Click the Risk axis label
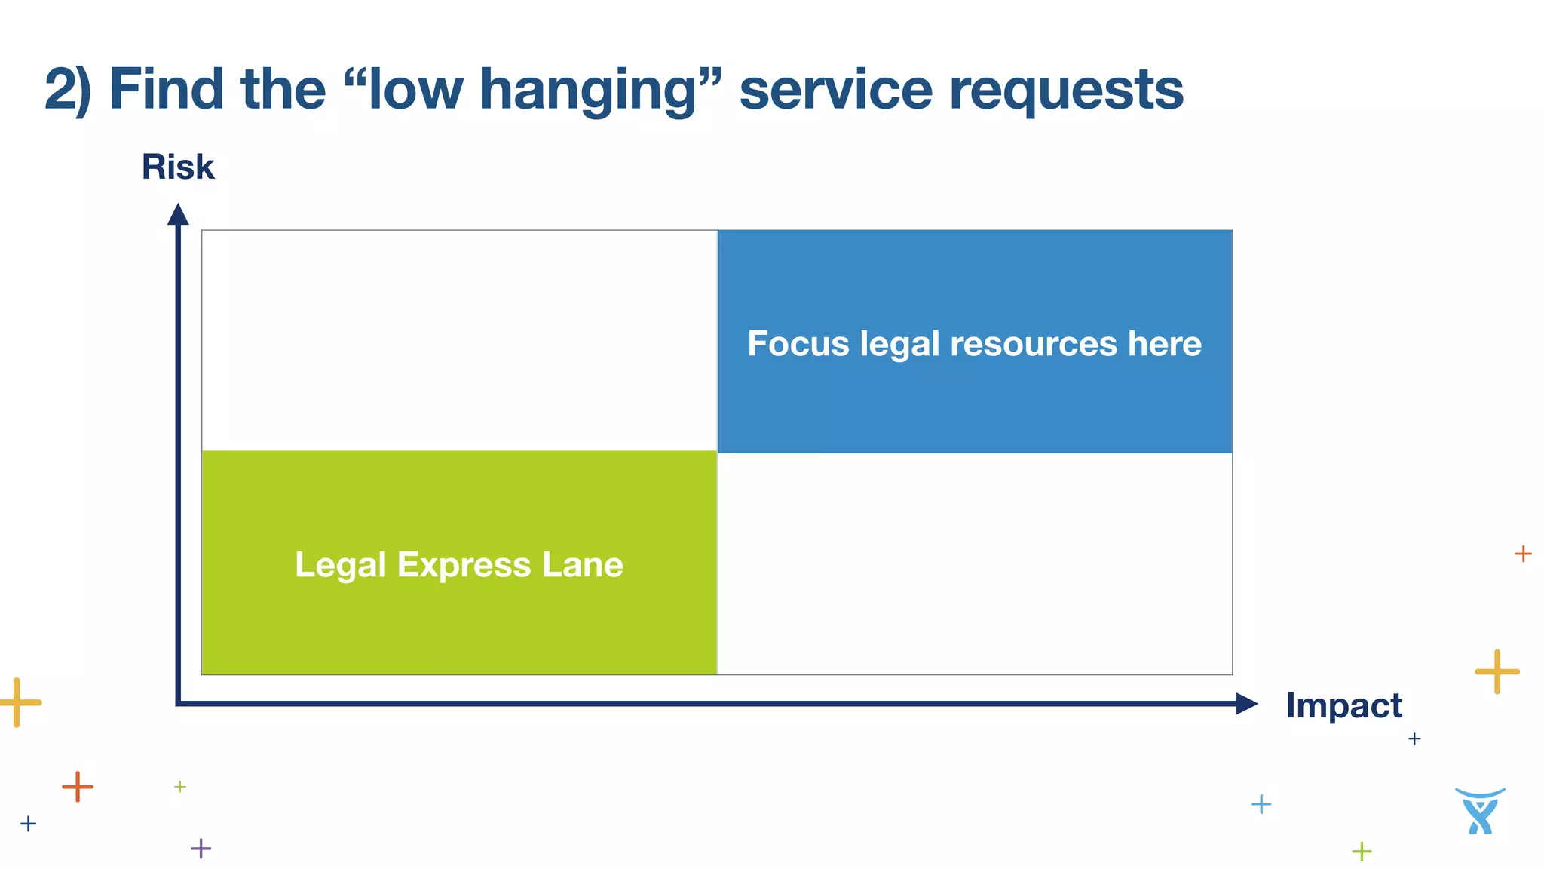(178, 167)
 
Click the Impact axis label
(1343, 705)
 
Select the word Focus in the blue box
(798, 343)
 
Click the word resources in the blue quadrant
(1033, 343)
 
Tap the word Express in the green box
(464, 565)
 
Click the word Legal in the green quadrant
(340, 565)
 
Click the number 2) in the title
(68, 90)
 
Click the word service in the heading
(836, 90)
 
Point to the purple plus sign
(201, 849)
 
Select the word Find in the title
(167, 90)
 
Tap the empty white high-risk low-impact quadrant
(459, 340)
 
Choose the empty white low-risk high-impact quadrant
(975, 563)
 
